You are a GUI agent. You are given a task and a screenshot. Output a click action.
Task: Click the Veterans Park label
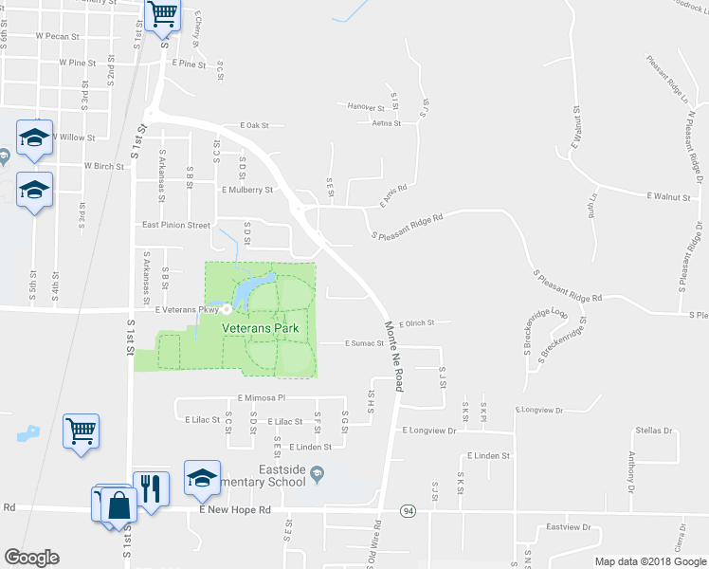[x=261, y=327]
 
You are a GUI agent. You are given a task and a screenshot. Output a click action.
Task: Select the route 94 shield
[x=408, y=510]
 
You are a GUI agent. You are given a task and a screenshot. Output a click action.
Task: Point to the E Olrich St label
[x=416, y=322]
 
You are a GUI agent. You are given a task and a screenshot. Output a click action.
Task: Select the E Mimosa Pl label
[x=262, y=399]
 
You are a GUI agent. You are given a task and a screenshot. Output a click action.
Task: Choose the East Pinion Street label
[x=175, y=226]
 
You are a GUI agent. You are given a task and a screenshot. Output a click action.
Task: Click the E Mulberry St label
[x=246, y=190]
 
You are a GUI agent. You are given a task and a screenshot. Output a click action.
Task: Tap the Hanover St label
[x=366, y=106]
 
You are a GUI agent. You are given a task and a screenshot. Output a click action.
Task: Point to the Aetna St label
[x=387, y=123]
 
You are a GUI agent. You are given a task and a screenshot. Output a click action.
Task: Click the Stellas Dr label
[x=654, y=431]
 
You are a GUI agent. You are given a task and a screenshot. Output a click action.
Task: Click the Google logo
[x=31, y=558]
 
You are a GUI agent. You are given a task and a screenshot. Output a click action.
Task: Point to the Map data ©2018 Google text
[x=650, y=561]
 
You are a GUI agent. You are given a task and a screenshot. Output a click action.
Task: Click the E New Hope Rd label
[x=235, y=510]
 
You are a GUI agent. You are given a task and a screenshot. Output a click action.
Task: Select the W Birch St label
[x=104, y=165]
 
